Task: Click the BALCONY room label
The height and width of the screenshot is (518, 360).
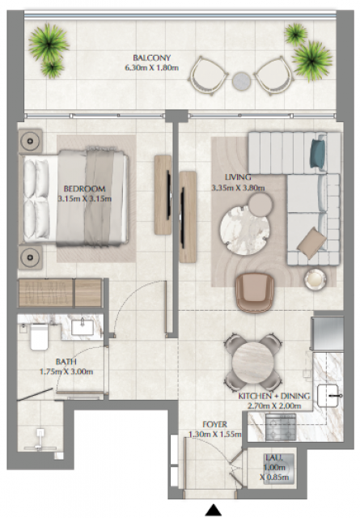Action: [152, 57]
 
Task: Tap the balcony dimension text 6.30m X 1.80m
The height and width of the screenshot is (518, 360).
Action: [152, 68]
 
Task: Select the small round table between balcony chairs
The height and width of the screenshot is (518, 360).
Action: [241, 81]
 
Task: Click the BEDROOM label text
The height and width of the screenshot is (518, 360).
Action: [85, 189]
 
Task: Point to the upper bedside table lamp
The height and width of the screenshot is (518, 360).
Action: [30, 141]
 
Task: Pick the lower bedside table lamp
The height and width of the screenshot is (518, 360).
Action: [30, 257]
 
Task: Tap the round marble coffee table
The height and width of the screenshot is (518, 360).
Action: [245, 230]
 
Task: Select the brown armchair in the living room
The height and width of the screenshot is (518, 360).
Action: [255, 292]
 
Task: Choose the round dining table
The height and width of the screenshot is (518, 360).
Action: [252, 363]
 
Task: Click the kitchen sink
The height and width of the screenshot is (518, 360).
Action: [328, 396]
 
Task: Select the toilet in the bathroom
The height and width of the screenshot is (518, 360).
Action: [40, 337]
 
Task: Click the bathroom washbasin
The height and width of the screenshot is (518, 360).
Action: [83, 327]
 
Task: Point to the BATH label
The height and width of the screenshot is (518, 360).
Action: [66, 362]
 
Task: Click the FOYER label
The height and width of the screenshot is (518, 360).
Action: [214, 424]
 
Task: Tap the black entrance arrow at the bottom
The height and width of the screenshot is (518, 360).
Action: [213, 510]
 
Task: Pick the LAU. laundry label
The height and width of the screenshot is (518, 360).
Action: [274, 458]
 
